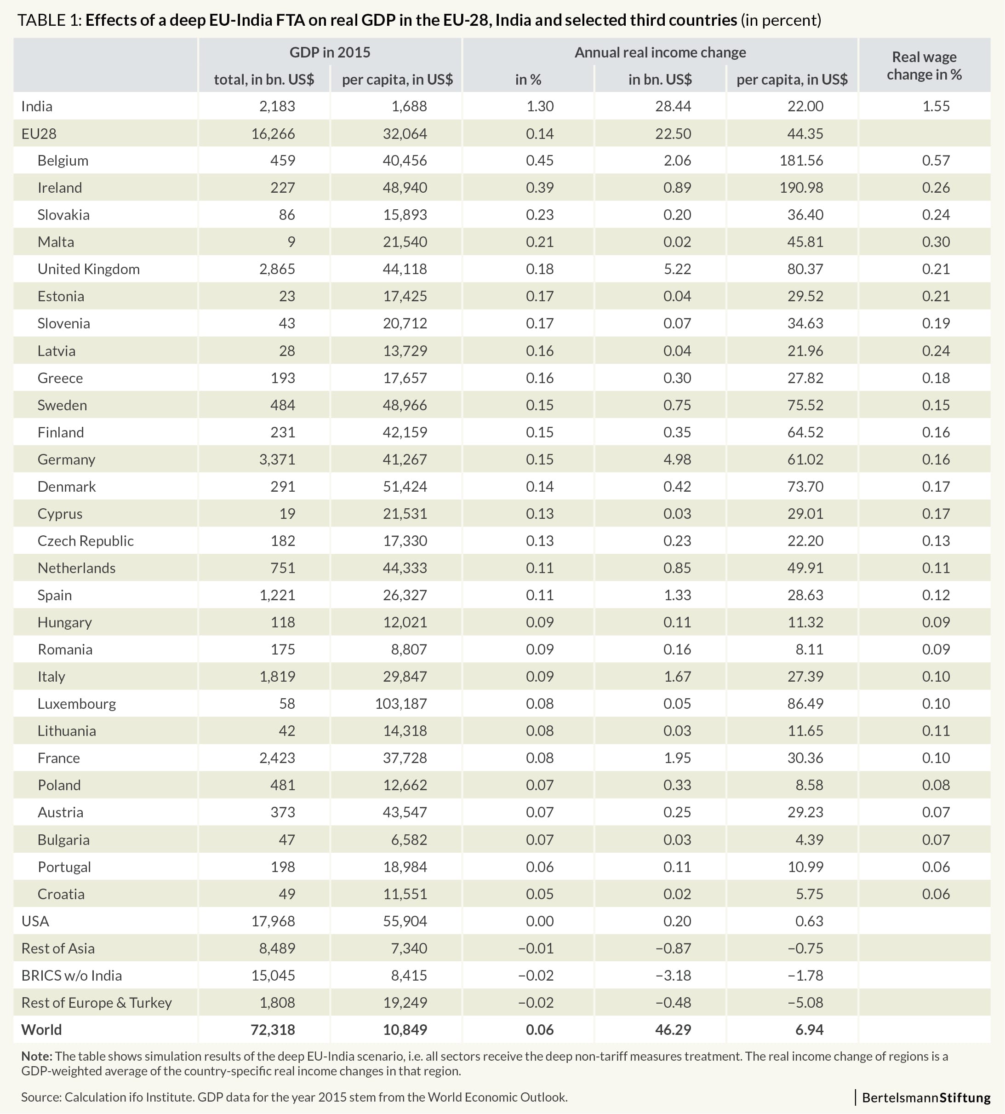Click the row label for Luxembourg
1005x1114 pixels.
77,704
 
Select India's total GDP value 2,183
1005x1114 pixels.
277,106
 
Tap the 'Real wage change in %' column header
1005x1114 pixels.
925,66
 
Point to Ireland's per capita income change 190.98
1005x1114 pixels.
801,188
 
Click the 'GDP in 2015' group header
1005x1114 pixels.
330,52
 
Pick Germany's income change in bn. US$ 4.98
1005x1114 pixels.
677,459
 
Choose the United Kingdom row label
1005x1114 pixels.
88,270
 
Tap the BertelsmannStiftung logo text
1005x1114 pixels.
926,1097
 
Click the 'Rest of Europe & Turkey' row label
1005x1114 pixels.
97,1002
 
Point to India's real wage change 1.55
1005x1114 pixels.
936,106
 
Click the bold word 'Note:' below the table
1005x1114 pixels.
36,1056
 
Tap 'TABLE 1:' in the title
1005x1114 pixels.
50,20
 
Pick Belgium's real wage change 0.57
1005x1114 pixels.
936,161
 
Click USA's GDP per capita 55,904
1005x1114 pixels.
405,921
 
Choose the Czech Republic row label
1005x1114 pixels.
86,541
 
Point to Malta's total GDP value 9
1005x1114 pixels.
291,242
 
